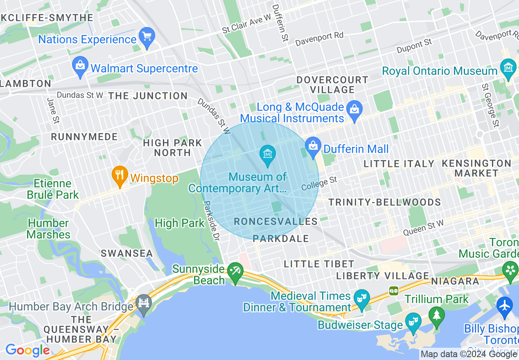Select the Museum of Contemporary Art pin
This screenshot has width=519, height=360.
(268, 155)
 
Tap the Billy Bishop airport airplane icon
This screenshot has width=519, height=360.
(505, 305)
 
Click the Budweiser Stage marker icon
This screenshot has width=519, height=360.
(413, 322)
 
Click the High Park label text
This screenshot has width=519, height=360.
(179, 223)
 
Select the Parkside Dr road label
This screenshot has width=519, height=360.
(212, 221)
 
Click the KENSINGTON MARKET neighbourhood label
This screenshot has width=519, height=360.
(476, 168)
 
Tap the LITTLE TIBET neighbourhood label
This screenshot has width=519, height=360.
(319, 264)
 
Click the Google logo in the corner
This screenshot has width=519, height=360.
(27, 350)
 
